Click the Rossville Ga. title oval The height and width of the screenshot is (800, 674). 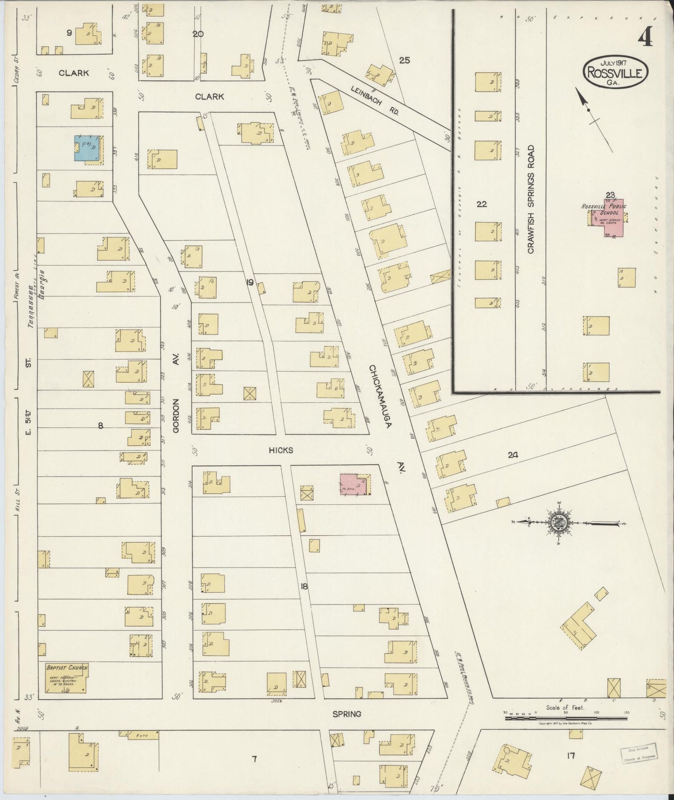pos(616,71)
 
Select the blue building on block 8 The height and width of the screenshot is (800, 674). pos(87,148)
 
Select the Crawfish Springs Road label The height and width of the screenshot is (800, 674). pos(530,199)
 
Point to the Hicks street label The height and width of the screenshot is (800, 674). pos(280,450)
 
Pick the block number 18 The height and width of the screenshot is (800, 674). pos(304,587)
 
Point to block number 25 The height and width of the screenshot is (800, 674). pos(404,60)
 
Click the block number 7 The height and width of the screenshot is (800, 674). pos(254,759)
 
